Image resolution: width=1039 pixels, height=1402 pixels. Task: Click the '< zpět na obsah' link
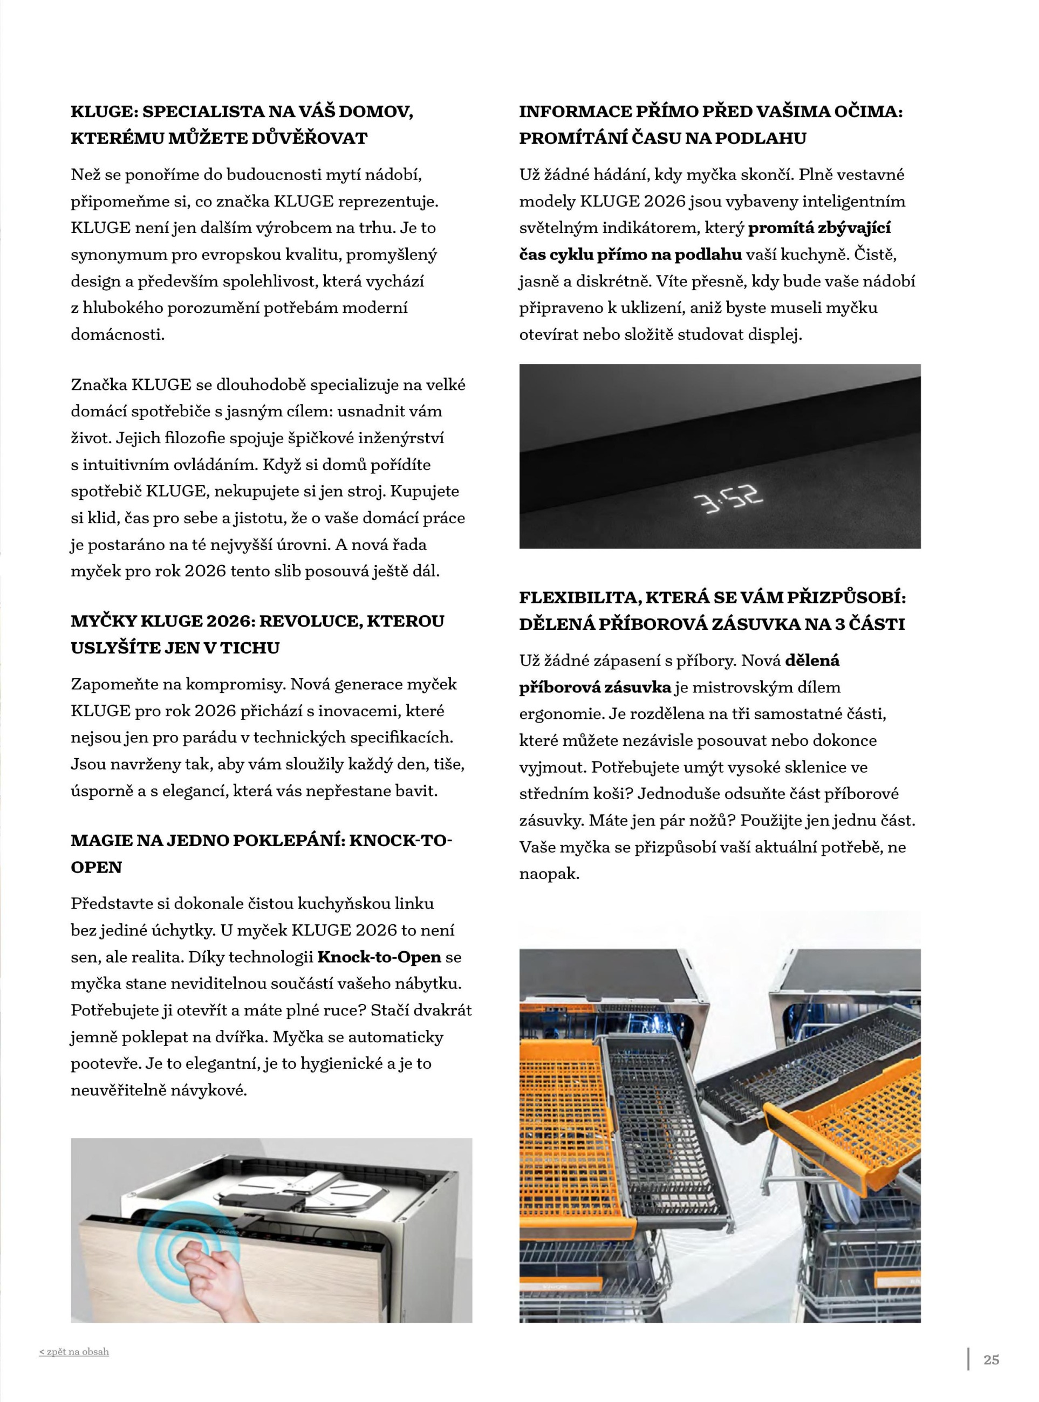click(73, 1351)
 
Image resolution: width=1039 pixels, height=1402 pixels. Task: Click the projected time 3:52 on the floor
click(727, 500)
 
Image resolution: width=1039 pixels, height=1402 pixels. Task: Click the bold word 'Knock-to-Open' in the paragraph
click(379, 957)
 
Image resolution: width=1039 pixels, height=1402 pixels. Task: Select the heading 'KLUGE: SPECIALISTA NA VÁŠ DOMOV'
click(242, 112)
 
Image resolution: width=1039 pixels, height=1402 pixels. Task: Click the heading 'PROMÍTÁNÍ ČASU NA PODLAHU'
click(662, 139)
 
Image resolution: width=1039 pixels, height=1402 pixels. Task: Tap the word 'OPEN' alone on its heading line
click(96, 867)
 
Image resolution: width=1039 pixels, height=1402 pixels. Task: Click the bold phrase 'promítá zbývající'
click(819, 228)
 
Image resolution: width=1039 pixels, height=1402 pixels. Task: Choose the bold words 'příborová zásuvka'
click(595, 687)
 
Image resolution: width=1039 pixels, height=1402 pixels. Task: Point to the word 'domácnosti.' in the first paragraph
click(118, 334)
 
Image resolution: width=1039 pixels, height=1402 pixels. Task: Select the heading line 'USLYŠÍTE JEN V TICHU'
click(175, 648)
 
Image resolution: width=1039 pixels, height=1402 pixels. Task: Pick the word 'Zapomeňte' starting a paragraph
click(114, 684)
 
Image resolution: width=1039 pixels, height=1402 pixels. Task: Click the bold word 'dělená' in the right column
click(812, 661)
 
